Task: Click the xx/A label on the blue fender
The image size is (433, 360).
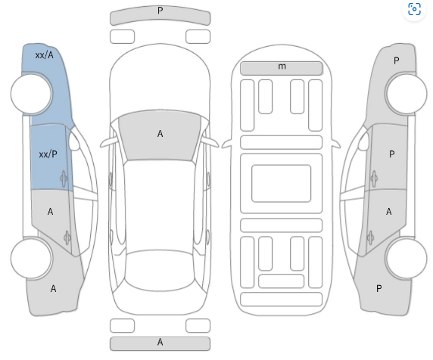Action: (x=45, y=55)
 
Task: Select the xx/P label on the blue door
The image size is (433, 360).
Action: (x=48, y=154)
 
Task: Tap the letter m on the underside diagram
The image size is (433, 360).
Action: (x=282, y=67)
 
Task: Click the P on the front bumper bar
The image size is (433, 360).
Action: (x=160, y=11)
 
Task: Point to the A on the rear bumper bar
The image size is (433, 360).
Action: (x=160, y=342)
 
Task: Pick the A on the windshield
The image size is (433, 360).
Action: (x=160, y=134)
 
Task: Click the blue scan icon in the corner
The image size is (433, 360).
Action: (x=414, y=9)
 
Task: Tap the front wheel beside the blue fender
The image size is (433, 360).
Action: (x=31, y=94)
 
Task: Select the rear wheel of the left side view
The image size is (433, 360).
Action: (x=31, y=259)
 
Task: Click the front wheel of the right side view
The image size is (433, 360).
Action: (x=407, y=94)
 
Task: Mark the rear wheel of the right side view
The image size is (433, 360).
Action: (x=407, y=259)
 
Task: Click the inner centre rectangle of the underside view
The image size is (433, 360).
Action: (x=281, y=184)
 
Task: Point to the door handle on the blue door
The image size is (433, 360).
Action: (x=64, y=178)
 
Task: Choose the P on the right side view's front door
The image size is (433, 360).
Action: (x=391, y=154)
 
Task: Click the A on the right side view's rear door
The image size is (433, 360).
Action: (x=389, y=212)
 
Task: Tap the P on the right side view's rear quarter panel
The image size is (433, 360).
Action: (x=378, y=289)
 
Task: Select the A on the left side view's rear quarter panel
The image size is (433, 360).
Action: (x=53, y=289)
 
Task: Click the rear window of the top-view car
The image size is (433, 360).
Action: (x=160, y=270)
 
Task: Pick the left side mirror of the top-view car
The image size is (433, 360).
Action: (x=108, y=142)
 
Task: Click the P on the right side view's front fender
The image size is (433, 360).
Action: (x=396, y=61)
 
